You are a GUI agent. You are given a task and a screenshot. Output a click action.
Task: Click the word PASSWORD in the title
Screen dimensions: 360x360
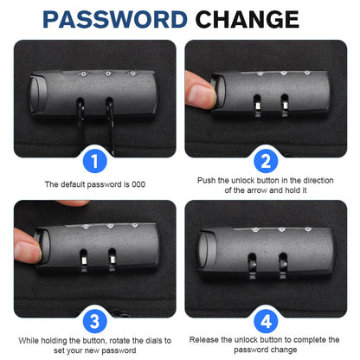[x=115, y=19]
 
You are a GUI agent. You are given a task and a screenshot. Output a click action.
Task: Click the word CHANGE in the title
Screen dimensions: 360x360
[x=247, y=19]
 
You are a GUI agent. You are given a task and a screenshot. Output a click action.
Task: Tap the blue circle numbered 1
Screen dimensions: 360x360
[x=95, y=161]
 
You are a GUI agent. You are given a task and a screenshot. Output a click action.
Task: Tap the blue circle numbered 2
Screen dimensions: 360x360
[x=266, y=161]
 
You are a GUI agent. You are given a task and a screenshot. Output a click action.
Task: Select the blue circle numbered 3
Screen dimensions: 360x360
[x=95, y=321]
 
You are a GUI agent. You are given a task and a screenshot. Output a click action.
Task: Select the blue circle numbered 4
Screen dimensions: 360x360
[x=266, y=321]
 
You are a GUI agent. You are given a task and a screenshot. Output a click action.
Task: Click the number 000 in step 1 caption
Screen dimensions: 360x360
[x=138, y=184]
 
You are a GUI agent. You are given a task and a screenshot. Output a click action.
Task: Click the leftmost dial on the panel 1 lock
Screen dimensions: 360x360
[x=84, y=74]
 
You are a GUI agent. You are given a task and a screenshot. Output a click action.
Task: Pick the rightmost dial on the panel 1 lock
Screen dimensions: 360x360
[x=132, y=74]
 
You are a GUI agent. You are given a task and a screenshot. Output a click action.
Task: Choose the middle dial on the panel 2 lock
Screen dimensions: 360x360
[x=284, y=74]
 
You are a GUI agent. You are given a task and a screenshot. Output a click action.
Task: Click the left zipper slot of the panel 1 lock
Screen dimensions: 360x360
[x=80, y=106]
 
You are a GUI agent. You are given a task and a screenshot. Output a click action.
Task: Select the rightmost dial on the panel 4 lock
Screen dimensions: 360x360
[x=308, y=229]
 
